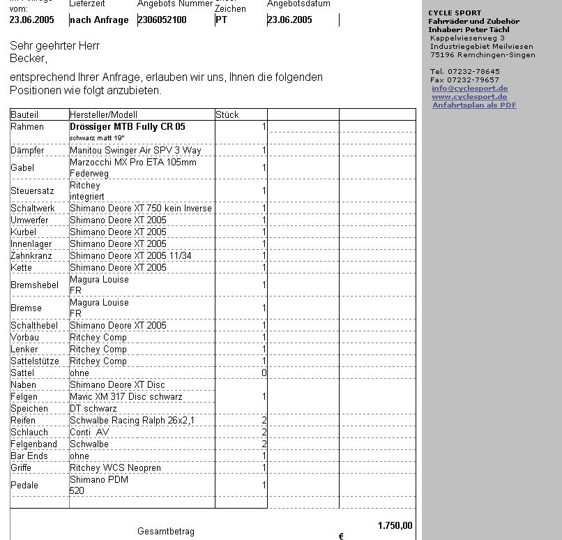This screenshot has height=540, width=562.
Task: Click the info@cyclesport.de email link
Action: [x=469, y=89]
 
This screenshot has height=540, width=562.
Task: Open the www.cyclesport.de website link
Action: [x=469, y=97]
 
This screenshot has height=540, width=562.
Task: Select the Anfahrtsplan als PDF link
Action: [x=474, y=105]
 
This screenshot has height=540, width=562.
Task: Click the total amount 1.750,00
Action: [x=395, y=526]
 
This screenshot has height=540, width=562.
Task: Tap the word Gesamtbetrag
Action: [x=166, y=532]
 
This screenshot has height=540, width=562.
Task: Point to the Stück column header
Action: [x=227, y=114]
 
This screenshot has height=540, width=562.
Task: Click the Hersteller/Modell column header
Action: [x=104, y=114]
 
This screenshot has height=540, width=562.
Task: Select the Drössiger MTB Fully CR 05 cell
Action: [x=128, y=127]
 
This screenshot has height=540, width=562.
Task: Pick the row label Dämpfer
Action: [x=27, y=151]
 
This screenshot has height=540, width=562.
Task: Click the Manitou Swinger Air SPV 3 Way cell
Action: [x=135, y=151]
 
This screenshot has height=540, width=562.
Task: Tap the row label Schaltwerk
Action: [x=32, y=209]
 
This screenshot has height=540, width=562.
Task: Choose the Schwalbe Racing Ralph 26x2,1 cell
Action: [x=132, y=421]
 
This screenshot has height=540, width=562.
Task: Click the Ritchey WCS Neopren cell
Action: [x=115, y=468]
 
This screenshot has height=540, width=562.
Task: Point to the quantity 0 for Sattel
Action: [x=264, y=373]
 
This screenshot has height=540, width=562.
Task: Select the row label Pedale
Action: [x=24, y=486]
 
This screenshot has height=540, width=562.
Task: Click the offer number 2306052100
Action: [x=162, y=20]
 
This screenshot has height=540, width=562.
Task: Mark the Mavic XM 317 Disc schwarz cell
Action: [x=126, y=397]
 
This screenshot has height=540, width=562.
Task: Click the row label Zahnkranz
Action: [x=31, y=256]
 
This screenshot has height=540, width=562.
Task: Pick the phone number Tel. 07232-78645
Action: [x=465, y=72]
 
